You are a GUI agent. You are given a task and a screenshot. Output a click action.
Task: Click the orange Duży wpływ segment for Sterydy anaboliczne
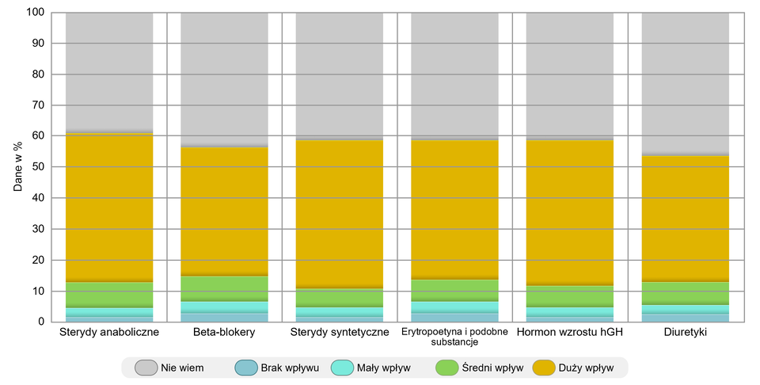click(109, 206)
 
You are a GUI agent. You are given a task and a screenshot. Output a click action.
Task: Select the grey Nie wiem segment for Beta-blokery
click(224, 79)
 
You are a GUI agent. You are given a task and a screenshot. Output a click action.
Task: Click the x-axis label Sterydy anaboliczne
click(109, 332)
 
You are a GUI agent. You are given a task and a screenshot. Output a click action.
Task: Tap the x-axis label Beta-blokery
click(224, 332)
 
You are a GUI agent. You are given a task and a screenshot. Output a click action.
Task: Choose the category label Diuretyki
click(685, 332)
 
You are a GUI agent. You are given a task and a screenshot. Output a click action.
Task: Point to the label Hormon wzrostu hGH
click(570, 332)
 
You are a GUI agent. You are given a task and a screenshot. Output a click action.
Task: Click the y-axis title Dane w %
click(18, 167)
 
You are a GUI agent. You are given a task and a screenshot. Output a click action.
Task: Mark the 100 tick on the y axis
click(35, 13)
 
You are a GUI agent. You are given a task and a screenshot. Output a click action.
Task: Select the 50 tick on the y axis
click(37, 167)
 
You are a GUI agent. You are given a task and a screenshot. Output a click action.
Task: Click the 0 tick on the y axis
click(40, 322)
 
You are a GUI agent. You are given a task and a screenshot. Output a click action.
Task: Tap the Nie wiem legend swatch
click(146, 368)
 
